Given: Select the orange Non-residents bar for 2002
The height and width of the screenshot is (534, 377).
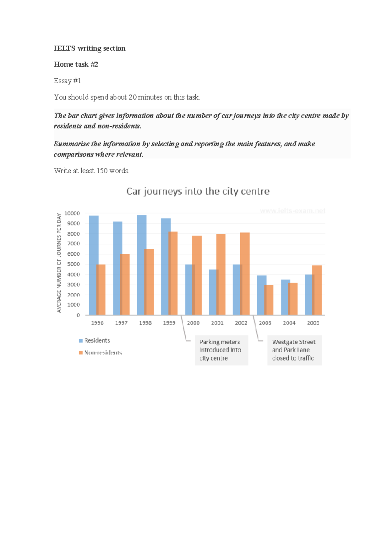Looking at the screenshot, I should [245, 274].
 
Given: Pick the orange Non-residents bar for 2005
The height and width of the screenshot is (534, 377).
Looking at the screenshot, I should [317, 290].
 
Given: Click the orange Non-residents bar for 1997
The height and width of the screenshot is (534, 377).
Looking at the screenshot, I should [125, 284].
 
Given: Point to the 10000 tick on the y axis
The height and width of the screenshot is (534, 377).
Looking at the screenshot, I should [72, 214].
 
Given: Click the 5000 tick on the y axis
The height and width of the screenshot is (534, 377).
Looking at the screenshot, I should [73, 264].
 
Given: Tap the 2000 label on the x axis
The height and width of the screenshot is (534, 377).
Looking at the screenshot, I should [193, 323].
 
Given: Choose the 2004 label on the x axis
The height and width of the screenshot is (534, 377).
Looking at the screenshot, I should [289, 323].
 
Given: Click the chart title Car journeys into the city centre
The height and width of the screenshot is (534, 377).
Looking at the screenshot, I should [198, 191].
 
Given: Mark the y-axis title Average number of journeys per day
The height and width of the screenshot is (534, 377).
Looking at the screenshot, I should [59, 263].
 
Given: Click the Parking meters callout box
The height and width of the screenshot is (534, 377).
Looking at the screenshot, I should [221, 350].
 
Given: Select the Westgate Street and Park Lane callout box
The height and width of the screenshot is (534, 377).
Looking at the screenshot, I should [294, 350].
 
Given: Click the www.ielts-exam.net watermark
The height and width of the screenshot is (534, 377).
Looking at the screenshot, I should [292, 211].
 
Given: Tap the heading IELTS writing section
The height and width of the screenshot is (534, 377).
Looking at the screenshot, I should [90, 48].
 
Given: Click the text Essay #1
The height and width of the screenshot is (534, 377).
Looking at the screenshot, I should [67, 81].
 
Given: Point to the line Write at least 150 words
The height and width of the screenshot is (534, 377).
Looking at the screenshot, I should [91, 171].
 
